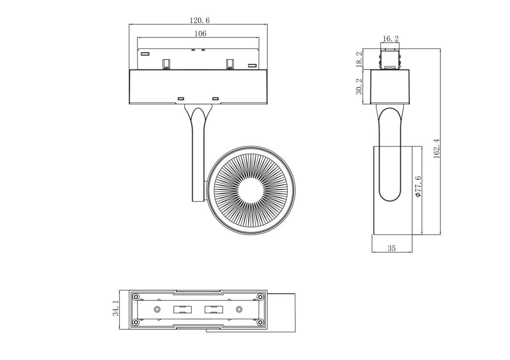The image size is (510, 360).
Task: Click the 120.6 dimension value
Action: tap(199, 20)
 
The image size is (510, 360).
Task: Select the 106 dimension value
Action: tap(200, 33)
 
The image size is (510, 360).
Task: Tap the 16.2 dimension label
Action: tap(391, 39)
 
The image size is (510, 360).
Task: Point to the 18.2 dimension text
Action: tap(359, 59)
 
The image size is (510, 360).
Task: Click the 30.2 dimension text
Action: tap(359, 87)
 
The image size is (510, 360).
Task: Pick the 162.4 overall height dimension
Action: tap(437, 148)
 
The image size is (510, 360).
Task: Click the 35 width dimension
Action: tap(391, 248)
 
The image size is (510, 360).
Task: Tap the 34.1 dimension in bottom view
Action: tap(115, 308)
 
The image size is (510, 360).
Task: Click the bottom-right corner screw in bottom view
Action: tap(260, 322)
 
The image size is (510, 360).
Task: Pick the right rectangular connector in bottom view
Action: tap(214, 310)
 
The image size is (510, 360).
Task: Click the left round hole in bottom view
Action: tap(157, 309)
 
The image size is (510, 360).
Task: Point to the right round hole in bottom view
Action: tap(239, 309)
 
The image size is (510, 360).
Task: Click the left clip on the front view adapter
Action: tap(166, 64)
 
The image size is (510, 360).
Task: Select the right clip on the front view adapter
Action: tap(229, 64)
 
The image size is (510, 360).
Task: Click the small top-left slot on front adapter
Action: tap(145, 54)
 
